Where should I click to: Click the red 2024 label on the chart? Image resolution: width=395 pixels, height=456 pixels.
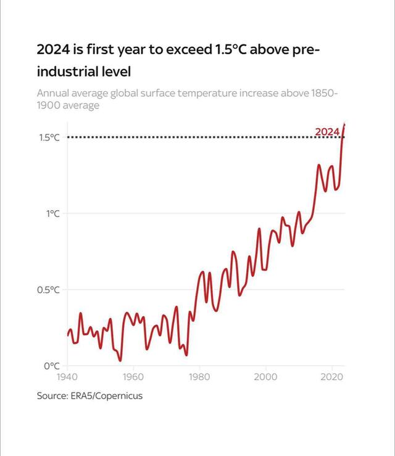coord(327,132)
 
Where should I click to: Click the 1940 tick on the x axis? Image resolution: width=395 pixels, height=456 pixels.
coord(66,377)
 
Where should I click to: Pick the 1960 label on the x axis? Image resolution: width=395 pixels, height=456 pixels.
coord(133,377)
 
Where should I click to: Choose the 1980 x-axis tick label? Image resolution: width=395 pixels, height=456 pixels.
coord(199,377)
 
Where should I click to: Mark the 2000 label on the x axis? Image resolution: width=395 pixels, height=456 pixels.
coord(265,377)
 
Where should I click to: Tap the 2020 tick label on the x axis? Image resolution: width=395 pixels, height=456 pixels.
coord(332,377)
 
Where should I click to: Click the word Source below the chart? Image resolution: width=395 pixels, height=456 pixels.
coord(51,396)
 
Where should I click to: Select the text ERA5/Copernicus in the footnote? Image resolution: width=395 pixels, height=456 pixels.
coord(106,396)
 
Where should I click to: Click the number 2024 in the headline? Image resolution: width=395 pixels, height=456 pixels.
coord(53,50)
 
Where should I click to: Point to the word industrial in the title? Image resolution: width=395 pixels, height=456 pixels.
coord(67,71)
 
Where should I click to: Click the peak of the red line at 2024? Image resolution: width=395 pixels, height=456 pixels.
coord(344,124)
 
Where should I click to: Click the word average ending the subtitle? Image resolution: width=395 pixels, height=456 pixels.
coord(81,105)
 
